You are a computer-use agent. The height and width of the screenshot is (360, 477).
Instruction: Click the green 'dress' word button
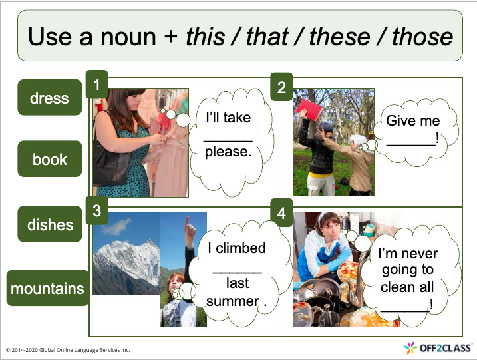50,98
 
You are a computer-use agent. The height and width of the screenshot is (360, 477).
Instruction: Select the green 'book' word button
50,159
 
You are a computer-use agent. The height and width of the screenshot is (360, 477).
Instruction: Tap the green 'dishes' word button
50,224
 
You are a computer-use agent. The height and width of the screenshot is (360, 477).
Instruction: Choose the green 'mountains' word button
47,289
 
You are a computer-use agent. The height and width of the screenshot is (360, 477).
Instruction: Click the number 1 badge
96,85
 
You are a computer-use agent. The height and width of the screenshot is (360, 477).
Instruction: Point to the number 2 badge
281,87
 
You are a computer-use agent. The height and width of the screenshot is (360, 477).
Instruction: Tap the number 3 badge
96,212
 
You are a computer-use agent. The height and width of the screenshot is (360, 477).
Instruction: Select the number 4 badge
281,213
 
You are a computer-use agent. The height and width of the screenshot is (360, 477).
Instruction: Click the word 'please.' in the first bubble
228,152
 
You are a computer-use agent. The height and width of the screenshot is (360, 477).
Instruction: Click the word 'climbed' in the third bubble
245,248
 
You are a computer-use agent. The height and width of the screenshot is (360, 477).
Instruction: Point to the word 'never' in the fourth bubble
420,254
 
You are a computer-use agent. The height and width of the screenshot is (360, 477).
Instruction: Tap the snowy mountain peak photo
126,256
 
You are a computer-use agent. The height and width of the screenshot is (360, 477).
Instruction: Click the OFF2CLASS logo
438,347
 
